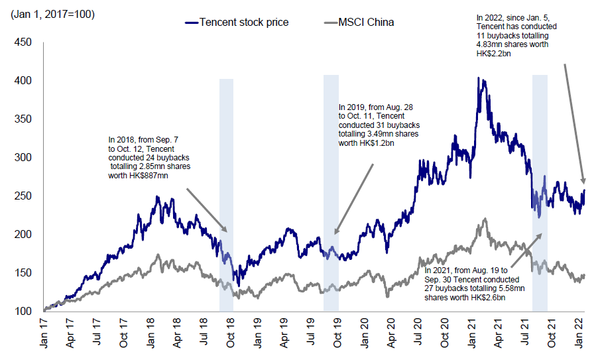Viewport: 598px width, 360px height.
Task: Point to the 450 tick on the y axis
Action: tap(24, 42)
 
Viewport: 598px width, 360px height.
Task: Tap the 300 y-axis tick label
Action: tap(24, 158)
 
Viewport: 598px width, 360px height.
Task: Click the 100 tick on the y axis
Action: tap(24, 311)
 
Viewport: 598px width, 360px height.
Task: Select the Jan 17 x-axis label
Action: tap(44, 335)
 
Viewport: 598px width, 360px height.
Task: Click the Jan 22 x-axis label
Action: tap(583, 335)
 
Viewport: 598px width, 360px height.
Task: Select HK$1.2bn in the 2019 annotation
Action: tap(377, 143)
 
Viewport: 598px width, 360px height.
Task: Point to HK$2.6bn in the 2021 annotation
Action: tap(487, 298)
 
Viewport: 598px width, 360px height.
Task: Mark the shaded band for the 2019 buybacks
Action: tap(331, 192)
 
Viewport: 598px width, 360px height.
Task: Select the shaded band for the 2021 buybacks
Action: tap(540, 192)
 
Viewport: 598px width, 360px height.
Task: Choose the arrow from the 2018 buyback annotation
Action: tap(207, 210)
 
